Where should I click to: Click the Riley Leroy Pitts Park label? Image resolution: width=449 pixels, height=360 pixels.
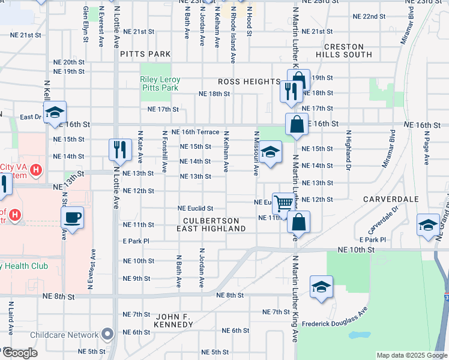pos(159,83)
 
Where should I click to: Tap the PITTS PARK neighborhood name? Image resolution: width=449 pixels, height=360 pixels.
pos(145,54)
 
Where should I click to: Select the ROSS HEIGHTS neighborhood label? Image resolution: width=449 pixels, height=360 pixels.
pos(249,82)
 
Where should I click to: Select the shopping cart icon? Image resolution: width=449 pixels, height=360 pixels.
pos(283,203)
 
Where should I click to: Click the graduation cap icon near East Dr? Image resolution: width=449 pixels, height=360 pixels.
pos(55,112)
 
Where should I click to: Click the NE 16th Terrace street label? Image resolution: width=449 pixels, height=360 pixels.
pos(195,132)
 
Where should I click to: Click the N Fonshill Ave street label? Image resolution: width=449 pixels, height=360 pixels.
pos(164,152)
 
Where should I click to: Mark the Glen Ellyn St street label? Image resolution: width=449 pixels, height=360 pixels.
pos(86,25)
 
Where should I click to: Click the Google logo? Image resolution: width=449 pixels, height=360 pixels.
pos(20,353)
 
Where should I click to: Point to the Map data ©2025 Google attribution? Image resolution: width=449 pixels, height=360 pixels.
pos(411,355)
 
